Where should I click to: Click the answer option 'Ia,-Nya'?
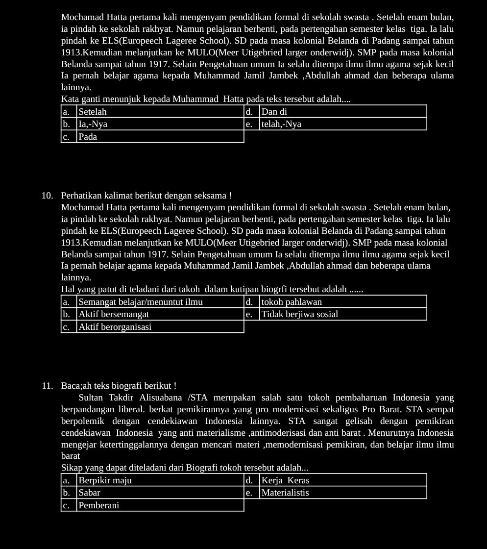(93, 124)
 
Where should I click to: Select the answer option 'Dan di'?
(274, 112)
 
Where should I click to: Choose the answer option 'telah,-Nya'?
(281, 124)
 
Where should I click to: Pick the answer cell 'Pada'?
(88, 137)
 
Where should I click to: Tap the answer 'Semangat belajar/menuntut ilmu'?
(141, 302)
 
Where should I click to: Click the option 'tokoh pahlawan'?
(291, 302)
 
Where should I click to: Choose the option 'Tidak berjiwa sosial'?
(299, 314)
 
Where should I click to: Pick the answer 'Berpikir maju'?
(105, 480)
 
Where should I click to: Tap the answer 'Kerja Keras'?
(285, 480)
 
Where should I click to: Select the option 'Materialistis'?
(285, 493)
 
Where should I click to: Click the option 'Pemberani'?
(99, 505)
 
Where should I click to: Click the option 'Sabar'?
(90, 493)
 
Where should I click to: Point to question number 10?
(47, 196)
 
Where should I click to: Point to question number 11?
(47, 386)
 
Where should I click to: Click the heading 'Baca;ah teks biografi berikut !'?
(119, 386)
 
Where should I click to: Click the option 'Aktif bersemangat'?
(114, 314)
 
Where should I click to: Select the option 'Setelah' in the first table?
(93, 112)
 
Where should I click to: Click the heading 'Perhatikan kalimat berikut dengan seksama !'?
(146, 196)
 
